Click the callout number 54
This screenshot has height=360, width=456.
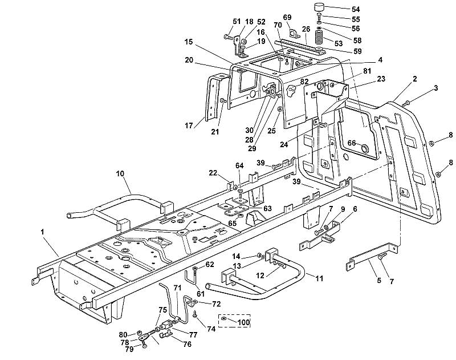[x=356, y=9]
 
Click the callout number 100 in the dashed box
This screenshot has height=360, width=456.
[x=244, y=322]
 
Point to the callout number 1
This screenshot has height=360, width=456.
[x=42, y=232]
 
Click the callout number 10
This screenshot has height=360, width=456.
[x=120, y=174]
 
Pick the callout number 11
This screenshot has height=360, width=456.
[x=319, y=278]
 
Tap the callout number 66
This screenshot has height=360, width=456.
[x=352, y=143]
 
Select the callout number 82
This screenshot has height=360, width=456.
[x=304, y=82]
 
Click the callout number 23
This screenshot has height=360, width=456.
[x=381, y=79]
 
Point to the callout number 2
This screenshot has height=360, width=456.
[x=415, y=79]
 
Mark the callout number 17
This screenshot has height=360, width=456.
[x=189, y=126]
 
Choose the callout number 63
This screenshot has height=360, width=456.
[x=267, y=208]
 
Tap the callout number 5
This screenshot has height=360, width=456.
[x=378, y=281]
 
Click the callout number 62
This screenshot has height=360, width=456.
[x=210, y=264]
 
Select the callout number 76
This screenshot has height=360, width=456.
[x=188, y=344]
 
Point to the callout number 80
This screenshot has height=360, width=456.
[x=123, y=334]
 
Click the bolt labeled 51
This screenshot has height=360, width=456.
[x=229, y=37]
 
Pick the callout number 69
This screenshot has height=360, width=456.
[x=287, y=17]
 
